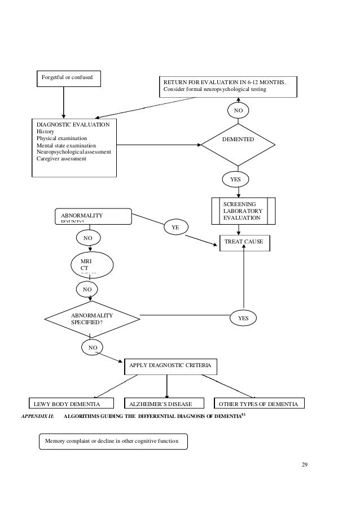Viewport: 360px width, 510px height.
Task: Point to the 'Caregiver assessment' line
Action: click(62, 159)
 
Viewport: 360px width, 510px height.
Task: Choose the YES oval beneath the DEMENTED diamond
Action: click(235, 180)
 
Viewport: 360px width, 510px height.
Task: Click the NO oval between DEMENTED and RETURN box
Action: click(238, 111)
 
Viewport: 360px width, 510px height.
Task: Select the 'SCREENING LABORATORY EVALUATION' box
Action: click(243, 211)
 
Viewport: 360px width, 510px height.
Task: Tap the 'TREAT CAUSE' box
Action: click(244, 242)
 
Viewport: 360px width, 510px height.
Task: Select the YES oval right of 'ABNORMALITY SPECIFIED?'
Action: click(243, 318)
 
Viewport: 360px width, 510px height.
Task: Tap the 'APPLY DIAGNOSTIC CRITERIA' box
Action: click(170, 367)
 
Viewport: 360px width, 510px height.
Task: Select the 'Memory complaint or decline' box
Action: click(112, 441)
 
